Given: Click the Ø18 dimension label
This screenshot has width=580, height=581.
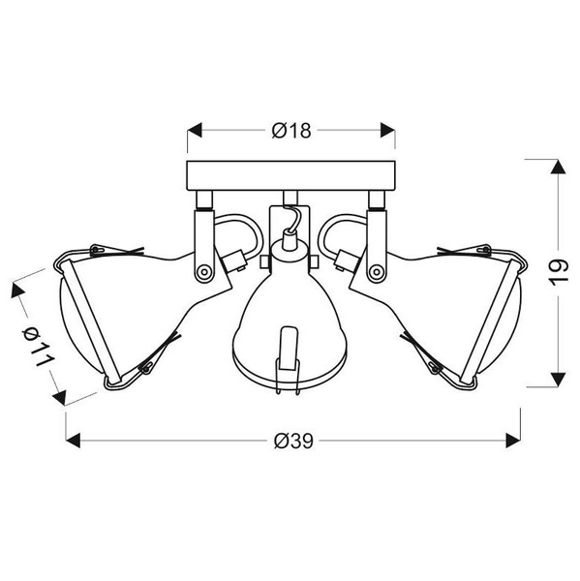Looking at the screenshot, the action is pos(291,131).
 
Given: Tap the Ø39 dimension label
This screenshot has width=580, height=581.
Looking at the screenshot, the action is pos(293,441).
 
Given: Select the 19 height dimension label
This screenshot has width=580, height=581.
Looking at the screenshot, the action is pos(558,273).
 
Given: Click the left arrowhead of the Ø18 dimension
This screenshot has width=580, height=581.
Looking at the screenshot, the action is pos(195,130).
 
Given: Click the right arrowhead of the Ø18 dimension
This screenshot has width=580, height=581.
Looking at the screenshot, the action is pos(387,130).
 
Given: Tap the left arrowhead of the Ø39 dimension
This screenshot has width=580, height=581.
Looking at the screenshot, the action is pos(73,441).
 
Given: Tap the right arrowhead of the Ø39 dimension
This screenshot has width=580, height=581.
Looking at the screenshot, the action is pos(513,441).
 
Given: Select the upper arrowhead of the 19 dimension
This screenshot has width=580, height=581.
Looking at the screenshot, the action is pos(558,167).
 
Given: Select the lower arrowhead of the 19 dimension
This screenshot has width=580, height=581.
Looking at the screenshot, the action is pos(558,380).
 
